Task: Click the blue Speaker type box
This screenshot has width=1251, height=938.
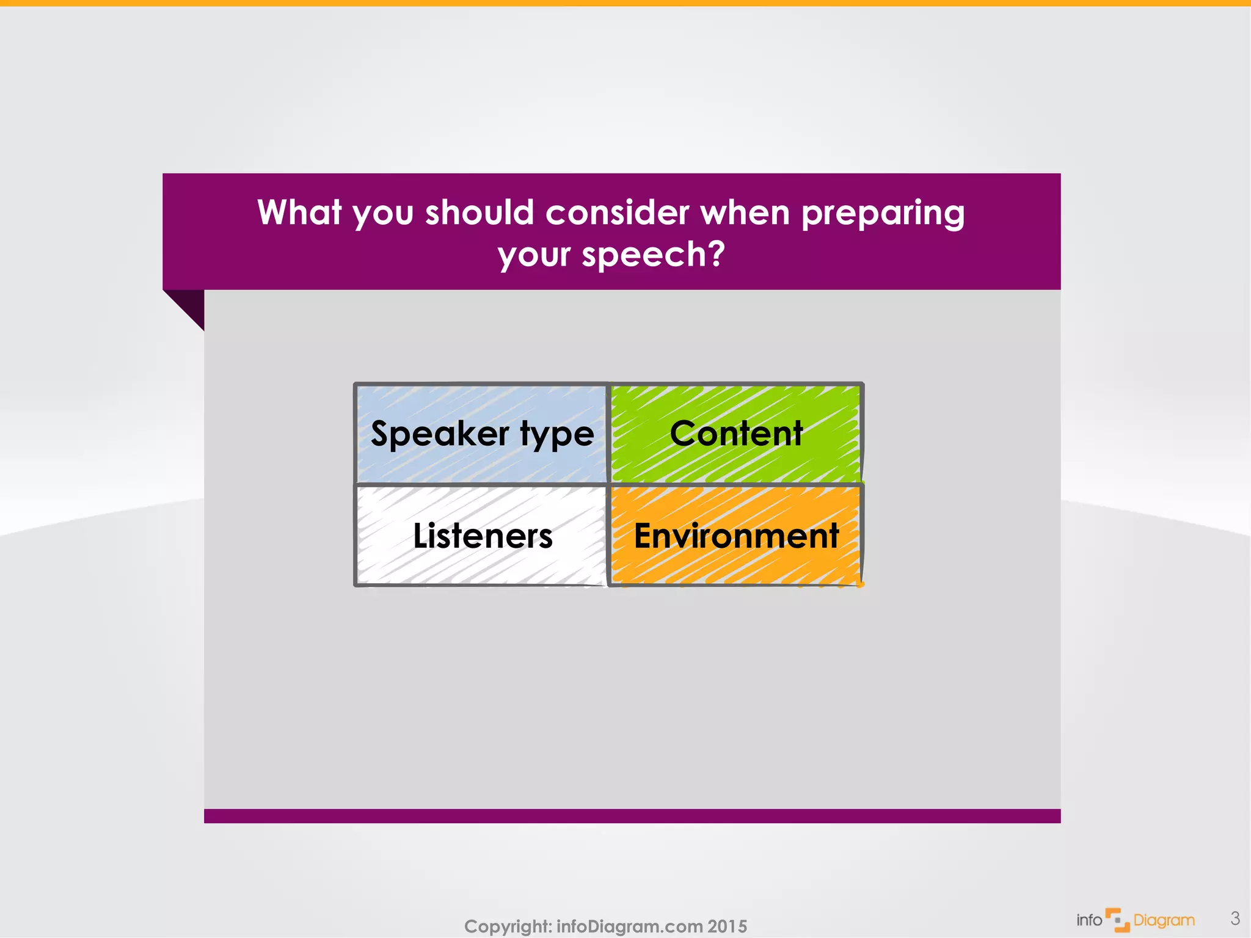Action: tap(481, 434)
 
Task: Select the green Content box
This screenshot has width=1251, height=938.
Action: tap(735, 434)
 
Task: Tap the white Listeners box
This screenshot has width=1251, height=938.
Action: tap(481, 536)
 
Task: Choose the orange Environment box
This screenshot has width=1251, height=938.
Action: tap(735, 536)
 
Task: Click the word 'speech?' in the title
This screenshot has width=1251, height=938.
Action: tap(653, 254)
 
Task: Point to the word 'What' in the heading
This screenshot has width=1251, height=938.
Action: tap(299, 213)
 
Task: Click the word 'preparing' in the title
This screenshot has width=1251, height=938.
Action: tap(882, 214)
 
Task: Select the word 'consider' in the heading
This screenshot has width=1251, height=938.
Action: tap(617, 213)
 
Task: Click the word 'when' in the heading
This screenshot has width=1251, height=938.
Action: tap(745, 213)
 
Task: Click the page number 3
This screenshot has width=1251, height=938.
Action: tap(1235, 918)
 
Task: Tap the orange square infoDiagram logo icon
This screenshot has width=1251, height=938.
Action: tap(1117, 920)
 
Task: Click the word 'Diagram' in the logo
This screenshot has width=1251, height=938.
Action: tap(1164, 920)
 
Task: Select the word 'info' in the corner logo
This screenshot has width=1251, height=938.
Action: tap(1089, 920)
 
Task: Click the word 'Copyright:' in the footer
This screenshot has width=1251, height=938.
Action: tap(508, 926)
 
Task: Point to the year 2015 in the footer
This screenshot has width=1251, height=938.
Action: tap(727, 926)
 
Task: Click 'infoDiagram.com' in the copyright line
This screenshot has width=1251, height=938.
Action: tap(630, 926)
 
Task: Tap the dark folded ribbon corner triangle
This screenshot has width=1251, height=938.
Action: tap(190, 304)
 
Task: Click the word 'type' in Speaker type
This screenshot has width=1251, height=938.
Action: tap(556, 435)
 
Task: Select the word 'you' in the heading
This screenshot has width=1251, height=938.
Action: tap(383, 214)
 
